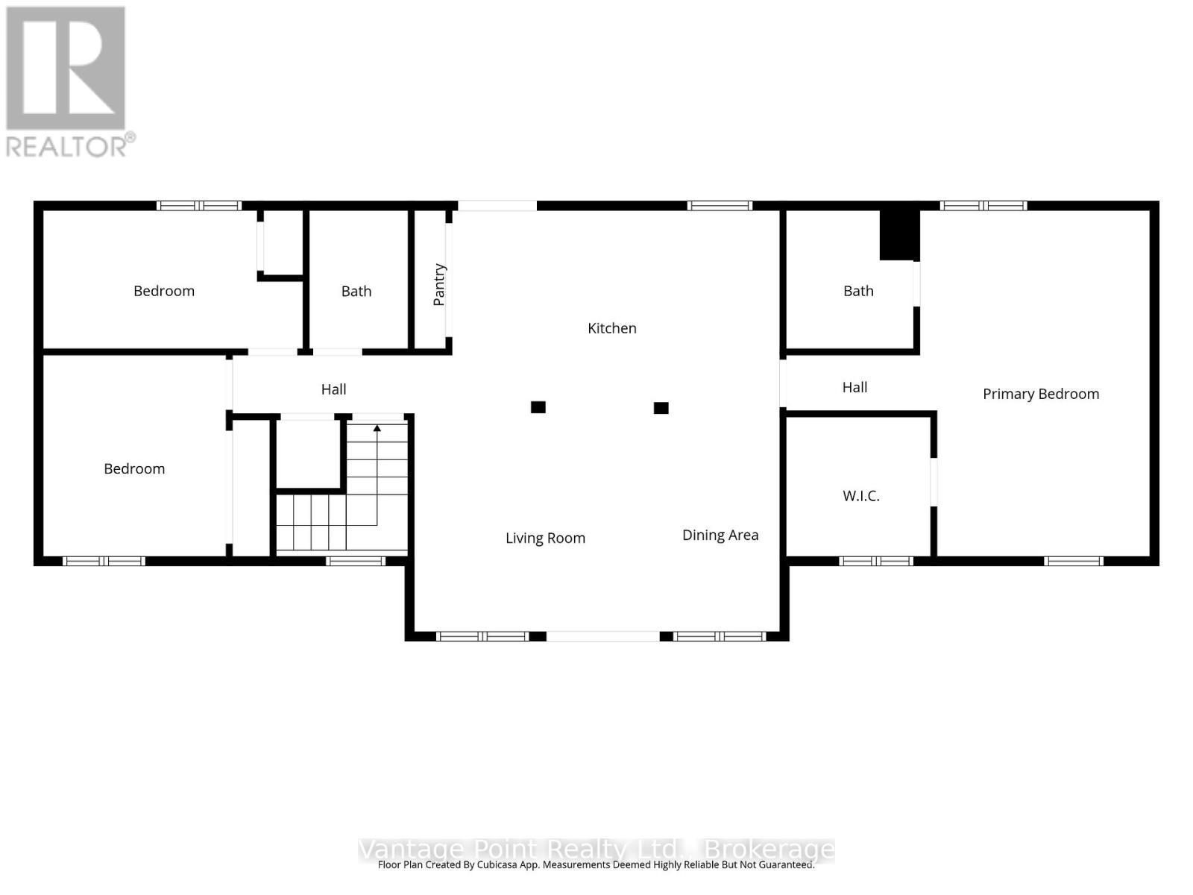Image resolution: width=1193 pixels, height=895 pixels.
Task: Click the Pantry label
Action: (x=439, y=284)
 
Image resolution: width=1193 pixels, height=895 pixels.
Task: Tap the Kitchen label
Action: (x=611, y=328)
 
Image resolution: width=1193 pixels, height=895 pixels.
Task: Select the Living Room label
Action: (x=545, y=538)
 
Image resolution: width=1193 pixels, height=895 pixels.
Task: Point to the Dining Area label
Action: (x=720, y=535)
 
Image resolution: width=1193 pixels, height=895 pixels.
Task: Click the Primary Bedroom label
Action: (x=1040, y=394)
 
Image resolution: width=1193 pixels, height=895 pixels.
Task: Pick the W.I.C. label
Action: (x=861, y=496)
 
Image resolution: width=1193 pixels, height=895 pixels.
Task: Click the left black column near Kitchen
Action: (x=538, y=407)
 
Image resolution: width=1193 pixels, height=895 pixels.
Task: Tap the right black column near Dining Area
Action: (x=661, y=408)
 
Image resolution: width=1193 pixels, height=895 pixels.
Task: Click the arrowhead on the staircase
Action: (x=377, y=428)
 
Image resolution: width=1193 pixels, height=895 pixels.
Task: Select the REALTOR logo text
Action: (x=71, y=145)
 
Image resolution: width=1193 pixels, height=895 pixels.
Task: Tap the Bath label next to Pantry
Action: (x=356, y=292)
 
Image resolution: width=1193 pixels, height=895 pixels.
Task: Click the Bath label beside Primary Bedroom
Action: (x=858, y=291)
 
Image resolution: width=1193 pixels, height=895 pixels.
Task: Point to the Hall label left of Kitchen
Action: (x=333, y=389)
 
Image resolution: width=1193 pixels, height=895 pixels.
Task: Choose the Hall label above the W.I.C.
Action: (x=854, y=387)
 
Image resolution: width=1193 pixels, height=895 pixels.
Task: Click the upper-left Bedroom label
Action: (x=164, y=292)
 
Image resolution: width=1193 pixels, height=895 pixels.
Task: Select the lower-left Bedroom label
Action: (x=134, y=469)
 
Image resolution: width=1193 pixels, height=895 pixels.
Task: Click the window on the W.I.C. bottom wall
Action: (x=876, y=561)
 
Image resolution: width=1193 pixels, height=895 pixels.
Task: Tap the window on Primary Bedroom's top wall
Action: (x=983, y=206)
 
